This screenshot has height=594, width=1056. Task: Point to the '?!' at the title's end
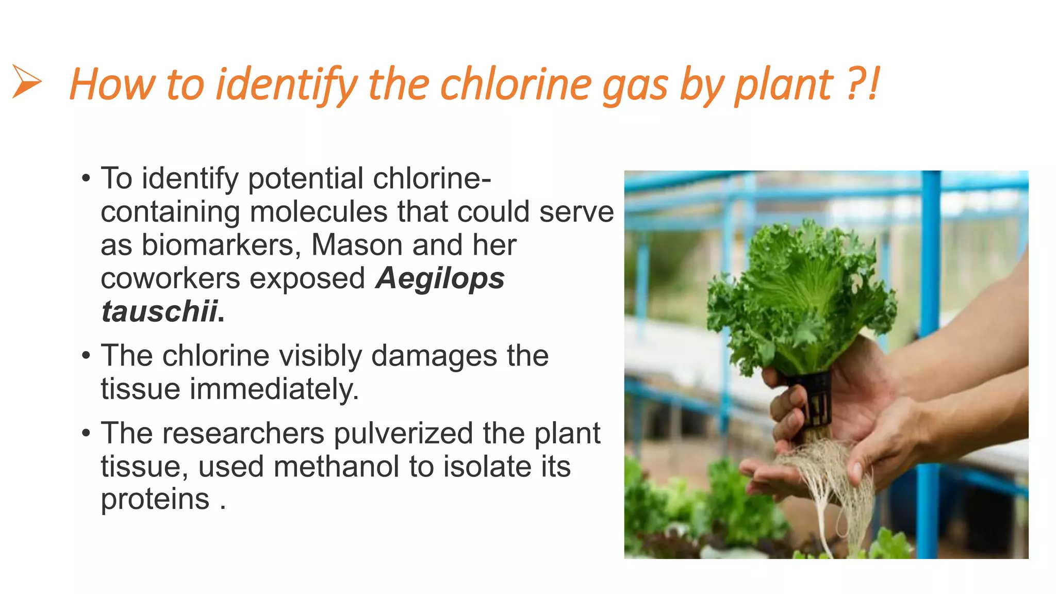tap(863, 84)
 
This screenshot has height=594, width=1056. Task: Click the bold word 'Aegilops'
tap(440, 278)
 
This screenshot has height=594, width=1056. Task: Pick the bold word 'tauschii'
tap(159, 311)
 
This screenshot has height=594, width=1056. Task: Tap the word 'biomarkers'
tap(220, 245)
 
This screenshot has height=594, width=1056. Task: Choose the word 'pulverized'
tap(403, 433)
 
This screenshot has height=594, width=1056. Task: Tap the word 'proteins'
tap(155, 499)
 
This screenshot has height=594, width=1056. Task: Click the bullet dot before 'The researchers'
tap(86, 433)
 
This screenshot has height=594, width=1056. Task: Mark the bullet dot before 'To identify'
tap(86, 178)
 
